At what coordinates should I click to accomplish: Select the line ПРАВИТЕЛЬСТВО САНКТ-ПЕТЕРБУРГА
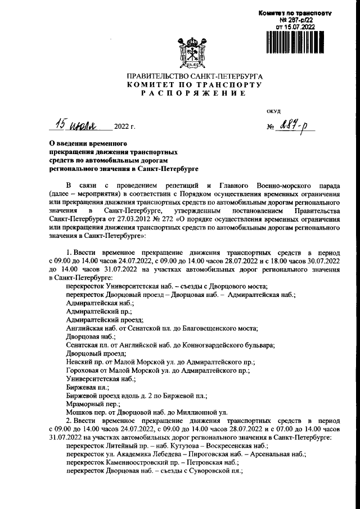click(187, 75)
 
